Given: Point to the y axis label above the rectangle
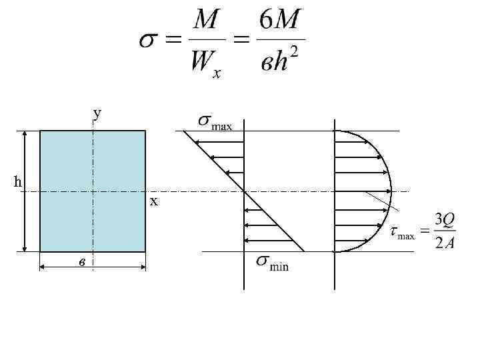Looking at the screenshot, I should pyautogui.click(x=98, y=113).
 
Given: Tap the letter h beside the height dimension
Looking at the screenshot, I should pyautogui.click(x=18, y=181).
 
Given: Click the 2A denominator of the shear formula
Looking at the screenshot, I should pyautogui.click(x=444, y=243).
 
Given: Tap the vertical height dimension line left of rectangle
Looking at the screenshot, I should pyautogui.click(x=25, y=191).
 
